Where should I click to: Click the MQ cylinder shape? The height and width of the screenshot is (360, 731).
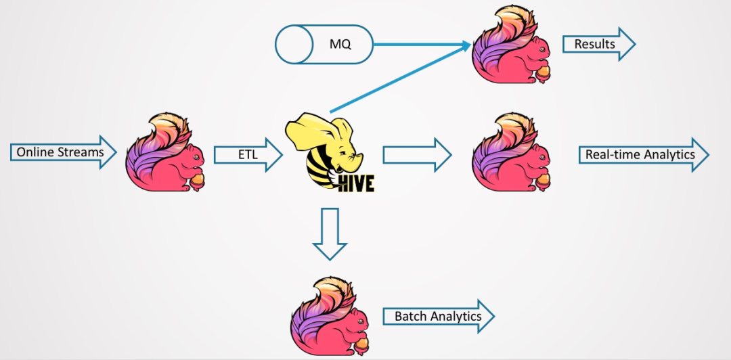(x=324, y=45)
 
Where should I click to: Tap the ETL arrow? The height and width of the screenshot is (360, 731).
(x=247, y=155)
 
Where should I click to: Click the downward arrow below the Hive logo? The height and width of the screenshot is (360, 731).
(x=330, y=234)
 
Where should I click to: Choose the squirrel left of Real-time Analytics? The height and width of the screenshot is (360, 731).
(x=512, y=154)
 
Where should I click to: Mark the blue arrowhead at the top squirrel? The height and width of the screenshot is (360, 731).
(x=465, y=45)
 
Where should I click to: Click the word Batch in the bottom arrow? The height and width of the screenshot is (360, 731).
(x=411, y=317)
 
